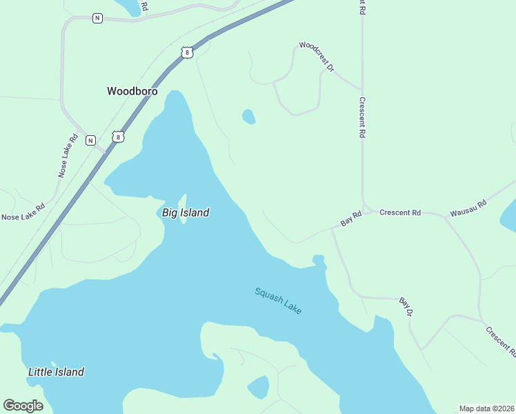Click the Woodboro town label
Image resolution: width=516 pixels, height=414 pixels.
coord(132,91)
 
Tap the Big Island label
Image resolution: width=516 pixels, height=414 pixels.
coord(186,213)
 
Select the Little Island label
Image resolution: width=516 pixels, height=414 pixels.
coord(56,372)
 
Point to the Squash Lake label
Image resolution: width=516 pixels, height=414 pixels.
coord(278,301)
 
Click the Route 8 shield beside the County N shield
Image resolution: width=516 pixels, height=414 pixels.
coord(119,137)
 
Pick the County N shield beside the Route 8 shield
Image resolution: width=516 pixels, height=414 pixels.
coord(90,140)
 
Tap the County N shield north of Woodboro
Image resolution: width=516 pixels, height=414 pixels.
coord(97,18)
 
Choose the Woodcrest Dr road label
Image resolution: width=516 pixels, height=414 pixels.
coord(317,57)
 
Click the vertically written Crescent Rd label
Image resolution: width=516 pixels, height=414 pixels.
coord(361,117)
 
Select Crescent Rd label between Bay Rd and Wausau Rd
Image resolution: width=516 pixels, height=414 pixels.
coord(400,213)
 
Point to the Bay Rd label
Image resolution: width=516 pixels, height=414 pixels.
coord(351,219)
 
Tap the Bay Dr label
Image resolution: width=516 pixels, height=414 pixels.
coord(406,307)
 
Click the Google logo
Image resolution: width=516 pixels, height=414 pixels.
coord(23,406)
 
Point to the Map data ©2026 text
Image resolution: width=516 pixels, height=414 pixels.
coord(486,408)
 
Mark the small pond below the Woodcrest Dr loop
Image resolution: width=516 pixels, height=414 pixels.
coord(248,117)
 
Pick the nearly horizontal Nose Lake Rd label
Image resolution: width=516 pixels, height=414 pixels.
coord(23,212)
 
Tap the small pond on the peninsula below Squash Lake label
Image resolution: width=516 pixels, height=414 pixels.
coord(259,387)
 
